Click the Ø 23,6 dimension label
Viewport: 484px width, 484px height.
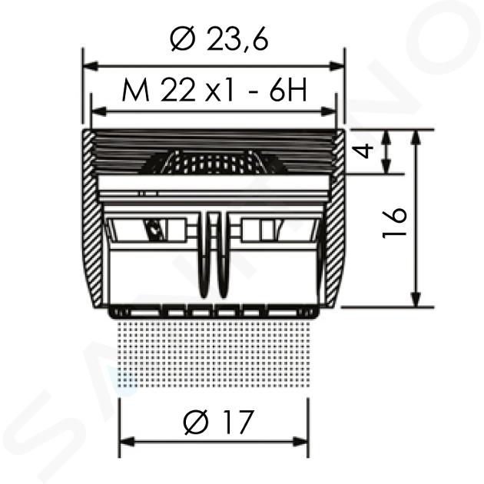pyautogui.click(x=219, y=39)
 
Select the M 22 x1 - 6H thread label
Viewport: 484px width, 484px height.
pyautogui.click(x=214, y=90)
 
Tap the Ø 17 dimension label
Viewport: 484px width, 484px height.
pyautogui.click(x=218, y=422)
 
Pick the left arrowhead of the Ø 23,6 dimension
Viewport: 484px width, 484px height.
pyautogui.click(x=91, y=66)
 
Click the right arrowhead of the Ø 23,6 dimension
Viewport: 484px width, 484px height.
pyautogui.click(x=336, y=66)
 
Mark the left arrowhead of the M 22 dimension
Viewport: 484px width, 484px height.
pyautogui.click(x=99, y=111)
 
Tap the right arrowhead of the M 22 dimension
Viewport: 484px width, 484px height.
pyautogui.click(x=328, y=111)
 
